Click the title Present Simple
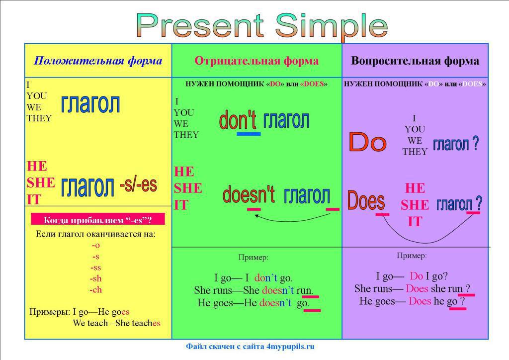[x=261, y=25]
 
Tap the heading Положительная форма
[x=98, y=61]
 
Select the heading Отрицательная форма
[x=256, y=61]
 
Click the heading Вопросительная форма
[x=415, y=61]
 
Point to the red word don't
[x=238, y=120]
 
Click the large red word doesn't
[x=249, y=194]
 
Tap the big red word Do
[x=367, y=142]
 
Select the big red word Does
[x=366, y=200]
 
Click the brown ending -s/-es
[x=138, y=184]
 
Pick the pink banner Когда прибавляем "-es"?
[x=98, y=219]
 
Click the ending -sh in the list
[x=96, y=278]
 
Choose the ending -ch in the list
[x=96, y=289]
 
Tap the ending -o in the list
[x=96, y=246]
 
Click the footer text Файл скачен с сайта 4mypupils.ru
[x=251, y=347]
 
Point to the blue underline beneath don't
[x=249, y=134]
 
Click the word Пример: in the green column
[x=253, y=258]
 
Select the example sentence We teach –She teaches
[x=116, y=323]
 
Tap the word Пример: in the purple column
[x=412, y=256]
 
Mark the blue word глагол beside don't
[x=286, y=120]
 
